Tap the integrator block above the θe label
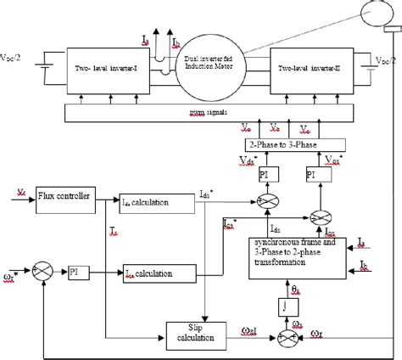[285, 303]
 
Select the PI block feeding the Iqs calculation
[96, 273]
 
